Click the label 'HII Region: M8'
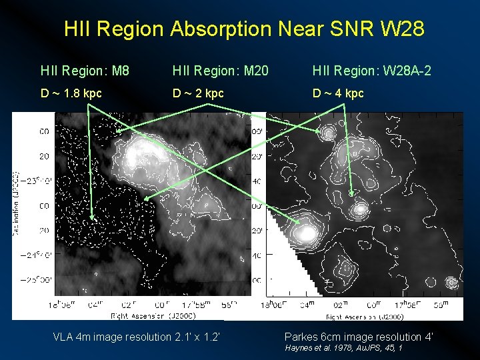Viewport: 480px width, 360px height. [85, 70]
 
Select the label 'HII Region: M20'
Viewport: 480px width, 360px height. [220, 70]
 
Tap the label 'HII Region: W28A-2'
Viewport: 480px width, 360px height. [372, 70]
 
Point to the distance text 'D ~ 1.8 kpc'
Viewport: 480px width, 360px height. [71, 93]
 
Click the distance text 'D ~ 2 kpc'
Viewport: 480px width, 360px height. [199, 93]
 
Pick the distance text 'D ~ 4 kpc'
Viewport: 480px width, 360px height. [339, 93]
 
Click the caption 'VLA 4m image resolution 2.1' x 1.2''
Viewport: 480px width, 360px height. [137, 337]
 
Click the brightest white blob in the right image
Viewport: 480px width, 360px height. [305, 233]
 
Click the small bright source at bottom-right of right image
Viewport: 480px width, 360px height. [451, 283]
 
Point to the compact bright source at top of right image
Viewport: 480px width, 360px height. [327, 133]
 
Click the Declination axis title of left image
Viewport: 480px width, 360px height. [16, 203]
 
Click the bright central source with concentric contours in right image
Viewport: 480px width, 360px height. [360, 211]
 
